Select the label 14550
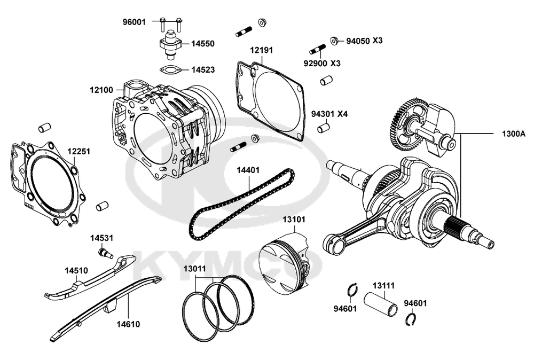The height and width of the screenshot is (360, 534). click(x=203, y=43)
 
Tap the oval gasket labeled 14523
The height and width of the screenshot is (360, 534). click(x=170, y=69)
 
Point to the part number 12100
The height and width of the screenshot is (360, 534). click(x=101, y=90)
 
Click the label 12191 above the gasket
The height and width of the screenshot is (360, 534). click(x=262, y=50)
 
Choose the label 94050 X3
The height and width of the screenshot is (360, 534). click(x=364, y=41)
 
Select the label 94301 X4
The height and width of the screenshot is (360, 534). click(x=329, y=114)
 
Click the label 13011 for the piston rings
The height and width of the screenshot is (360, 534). click(x=194, y=269)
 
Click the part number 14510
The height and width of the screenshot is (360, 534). click(x=76, y=270)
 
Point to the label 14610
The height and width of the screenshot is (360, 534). click(x=129, y=324)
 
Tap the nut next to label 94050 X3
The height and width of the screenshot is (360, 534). click(x=333, y=40)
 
